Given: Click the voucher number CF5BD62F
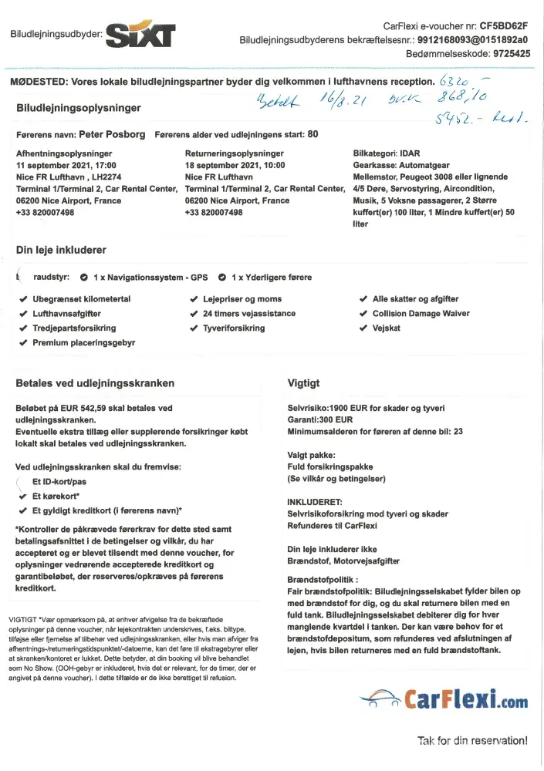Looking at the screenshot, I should [504, 25].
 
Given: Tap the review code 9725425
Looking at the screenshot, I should [504, 54].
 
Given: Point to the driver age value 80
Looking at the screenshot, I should [313, 133].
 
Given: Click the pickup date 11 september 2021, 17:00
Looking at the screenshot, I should [66, 165].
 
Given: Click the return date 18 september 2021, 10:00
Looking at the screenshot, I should [235, 165].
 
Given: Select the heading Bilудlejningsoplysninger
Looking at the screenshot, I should [79, 108].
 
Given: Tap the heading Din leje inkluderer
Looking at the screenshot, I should [61, 250].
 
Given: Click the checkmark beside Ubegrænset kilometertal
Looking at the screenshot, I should [23, 299].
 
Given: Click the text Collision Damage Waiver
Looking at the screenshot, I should [421, 314].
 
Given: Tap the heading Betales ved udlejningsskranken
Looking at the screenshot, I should [95, 382].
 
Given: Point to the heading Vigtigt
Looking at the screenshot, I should [303, 382].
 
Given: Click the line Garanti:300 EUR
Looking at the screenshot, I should [319, 419].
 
